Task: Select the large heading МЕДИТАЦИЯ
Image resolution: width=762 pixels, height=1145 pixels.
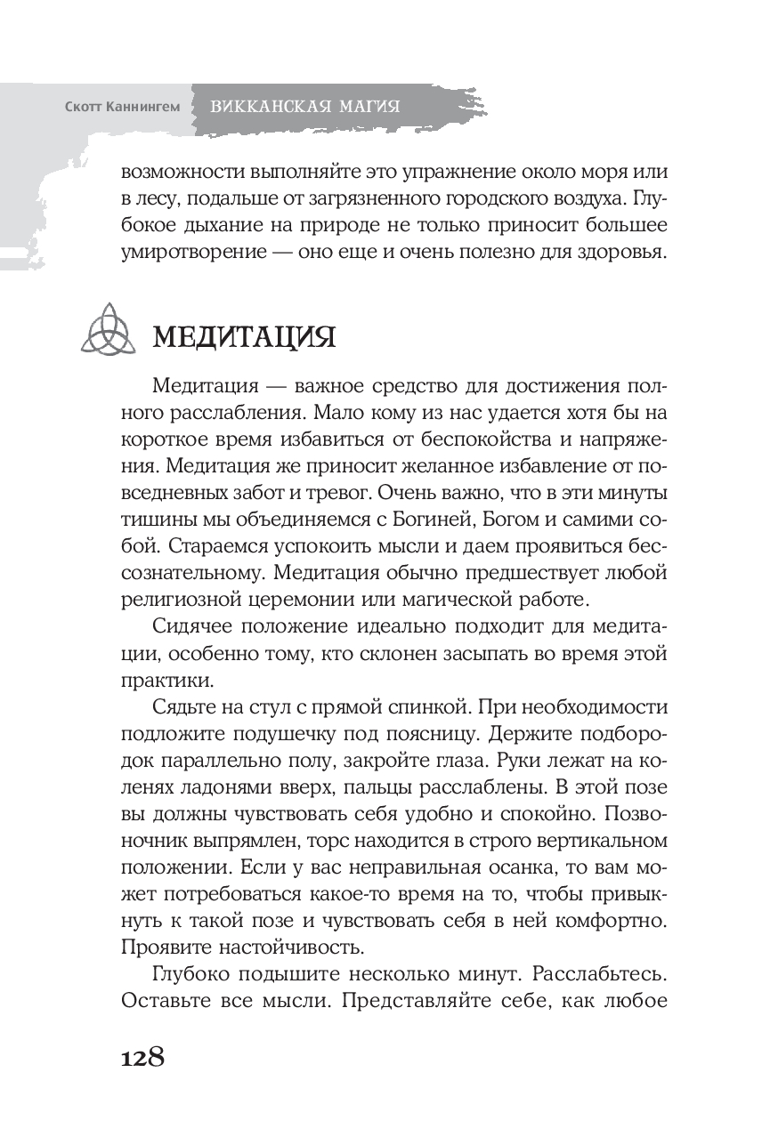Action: (244, 338)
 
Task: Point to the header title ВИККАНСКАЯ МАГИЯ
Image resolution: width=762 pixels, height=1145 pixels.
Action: (304, 107)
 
